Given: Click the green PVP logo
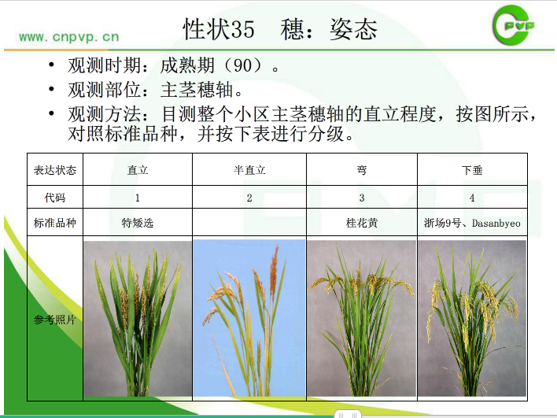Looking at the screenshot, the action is coord(513,26).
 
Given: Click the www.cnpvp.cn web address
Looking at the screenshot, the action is coord(69,37).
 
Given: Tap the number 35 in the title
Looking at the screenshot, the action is coord(243,29).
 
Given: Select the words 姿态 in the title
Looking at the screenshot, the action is coord(353,29).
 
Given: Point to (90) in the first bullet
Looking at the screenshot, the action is coord(243,65).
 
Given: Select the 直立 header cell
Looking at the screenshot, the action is coord(138,170).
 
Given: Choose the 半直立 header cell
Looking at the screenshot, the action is coord(249,170).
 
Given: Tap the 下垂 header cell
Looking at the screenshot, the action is coord(472,170).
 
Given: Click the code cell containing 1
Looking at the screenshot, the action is coord(138,198).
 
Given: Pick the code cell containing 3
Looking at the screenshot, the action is coord(362,198).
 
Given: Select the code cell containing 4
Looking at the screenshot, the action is coord(472,198).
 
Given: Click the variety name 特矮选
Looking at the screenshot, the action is coord(138,223).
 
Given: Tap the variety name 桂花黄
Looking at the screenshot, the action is coord(362,223).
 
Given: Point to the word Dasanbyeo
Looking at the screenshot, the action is coord(496,224).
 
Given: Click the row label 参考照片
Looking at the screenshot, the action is coord(55,320).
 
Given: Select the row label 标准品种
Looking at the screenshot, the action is coord(55,223).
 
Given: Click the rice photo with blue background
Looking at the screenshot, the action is coord(249,318).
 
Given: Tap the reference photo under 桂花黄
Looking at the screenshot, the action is coord(362,319).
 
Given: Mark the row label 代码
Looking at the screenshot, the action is coord(55,198).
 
